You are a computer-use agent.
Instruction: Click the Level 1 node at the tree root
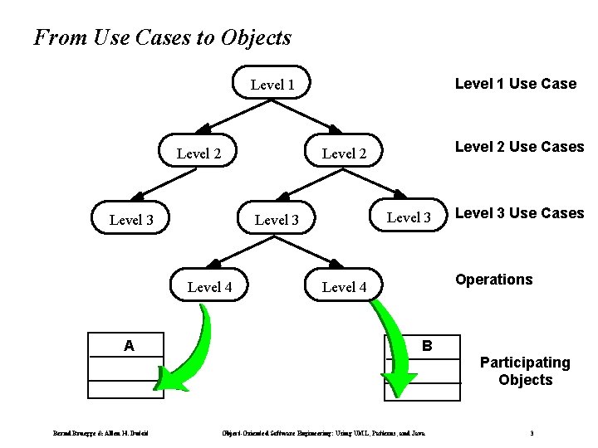point(272,84)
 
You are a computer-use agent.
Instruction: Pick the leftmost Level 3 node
point(131,220)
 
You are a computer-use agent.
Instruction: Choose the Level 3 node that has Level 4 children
point(277,220)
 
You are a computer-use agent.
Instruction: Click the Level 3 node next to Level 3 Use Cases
point(409,217)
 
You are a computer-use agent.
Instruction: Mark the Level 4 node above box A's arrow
point(209,287)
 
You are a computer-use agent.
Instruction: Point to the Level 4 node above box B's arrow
point(344,287)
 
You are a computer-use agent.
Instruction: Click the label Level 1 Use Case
point(515,83)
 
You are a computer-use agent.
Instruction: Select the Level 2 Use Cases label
point(519,147)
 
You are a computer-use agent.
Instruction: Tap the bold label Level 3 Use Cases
point(519,213)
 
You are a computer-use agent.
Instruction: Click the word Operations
point(493,280)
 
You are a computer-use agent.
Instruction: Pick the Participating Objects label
point(525,371)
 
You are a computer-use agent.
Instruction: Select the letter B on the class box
point(427,344)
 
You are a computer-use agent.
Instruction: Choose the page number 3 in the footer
point(532,432)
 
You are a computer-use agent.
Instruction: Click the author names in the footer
point(100,432)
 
